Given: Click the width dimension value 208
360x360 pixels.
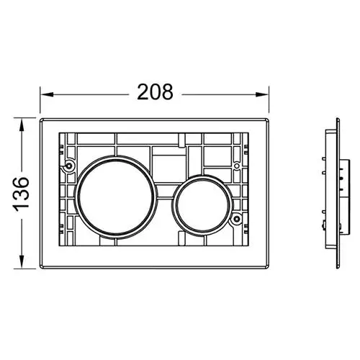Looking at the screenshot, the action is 155,92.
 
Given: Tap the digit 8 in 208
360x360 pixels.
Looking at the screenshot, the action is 167,92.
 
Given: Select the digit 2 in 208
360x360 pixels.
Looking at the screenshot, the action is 143,92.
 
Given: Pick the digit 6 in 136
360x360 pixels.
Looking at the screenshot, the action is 21,183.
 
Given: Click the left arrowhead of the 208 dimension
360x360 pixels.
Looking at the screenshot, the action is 47,94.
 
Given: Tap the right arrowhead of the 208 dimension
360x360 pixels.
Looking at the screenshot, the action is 262,94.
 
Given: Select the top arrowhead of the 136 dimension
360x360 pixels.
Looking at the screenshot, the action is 22,125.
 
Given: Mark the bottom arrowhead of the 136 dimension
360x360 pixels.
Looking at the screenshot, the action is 22,262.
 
